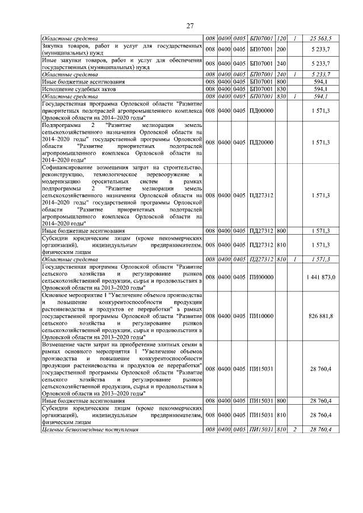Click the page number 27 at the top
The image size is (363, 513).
tap(191, 24)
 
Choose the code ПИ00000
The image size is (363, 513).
tap(261, 277)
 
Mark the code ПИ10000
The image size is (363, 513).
tap(261, 315)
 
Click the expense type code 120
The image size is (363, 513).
tap(280, 38)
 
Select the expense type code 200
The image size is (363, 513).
tap(280, 48)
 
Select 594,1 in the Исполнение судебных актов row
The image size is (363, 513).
tap(320, 88)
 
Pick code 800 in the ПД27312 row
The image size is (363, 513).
tap(280, 231)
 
